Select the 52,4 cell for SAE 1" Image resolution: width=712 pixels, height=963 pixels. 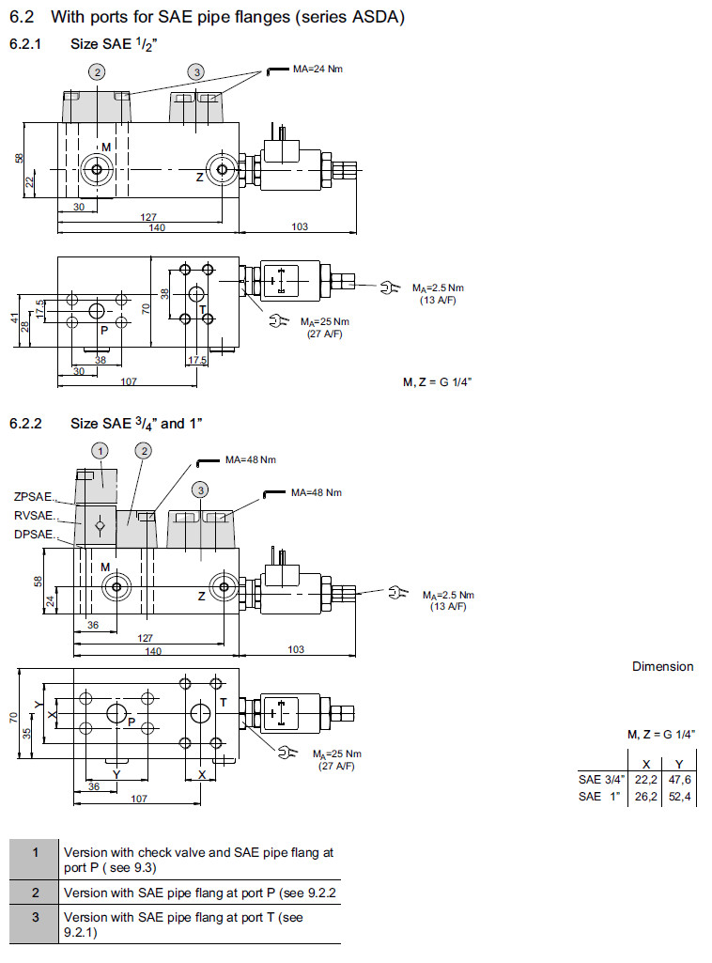(678, 797)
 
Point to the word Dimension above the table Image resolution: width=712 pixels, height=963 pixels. (662, 666)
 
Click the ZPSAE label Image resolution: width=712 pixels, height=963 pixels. (33, 497)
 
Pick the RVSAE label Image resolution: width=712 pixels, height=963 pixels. (33, 515)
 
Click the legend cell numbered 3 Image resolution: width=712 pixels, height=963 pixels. (34, 917)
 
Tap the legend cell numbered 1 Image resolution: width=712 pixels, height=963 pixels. (34, 853)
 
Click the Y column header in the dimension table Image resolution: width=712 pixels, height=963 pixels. (678, 765)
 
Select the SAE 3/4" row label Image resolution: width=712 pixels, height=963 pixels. (601, 781)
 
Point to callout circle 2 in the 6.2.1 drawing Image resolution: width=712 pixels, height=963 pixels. (97, 71)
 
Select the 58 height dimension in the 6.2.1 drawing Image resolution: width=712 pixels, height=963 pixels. (19, 159)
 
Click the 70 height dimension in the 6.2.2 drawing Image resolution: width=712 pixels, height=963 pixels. (12, 717)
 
